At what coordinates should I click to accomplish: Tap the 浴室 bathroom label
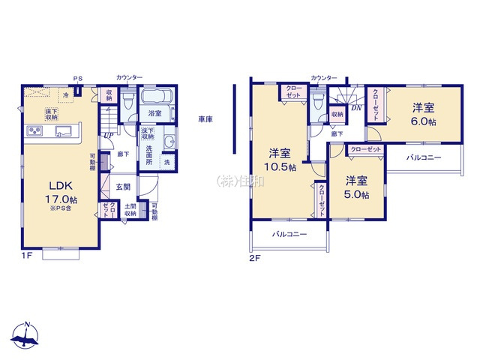pos(155,113)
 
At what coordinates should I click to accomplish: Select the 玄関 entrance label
pos(122,186)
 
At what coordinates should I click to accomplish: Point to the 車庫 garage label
pos(205,119)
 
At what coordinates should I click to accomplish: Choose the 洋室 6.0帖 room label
pos(423,115)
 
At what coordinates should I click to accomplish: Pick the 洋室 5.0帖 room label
pos(357,187)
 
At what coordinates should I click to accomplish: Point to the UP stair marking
pos(109,135)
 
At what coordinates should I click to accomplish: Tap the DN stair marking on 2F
pos(355,106)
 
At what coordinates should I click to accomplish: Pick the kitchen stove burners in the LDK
pos(36,132)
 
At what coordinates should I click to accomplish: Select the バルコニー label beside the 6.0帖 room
pos(424,158)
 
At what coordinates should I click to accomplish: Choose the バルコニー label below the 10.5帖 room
pos(289,235)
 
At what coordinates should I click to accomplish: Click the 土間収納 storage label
pos(130,210)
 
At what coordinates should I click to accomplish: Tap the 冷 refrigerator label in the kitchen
pos(65,95)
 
